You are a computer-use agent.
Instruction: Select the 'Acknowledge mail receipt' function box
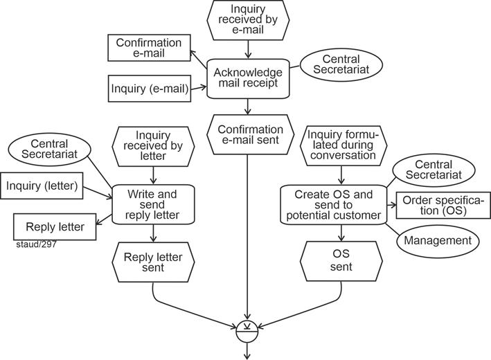(248, 78)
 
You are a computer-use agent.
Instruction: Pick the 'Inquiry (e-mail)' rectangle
(150, 89)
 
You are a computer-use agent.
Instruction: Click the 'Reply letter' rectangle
(55, 227)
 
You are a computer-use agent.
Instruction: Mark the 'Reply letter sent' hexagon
(153, 262)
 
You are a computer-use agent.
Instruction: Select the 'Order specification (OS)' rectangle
(441, 204)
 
